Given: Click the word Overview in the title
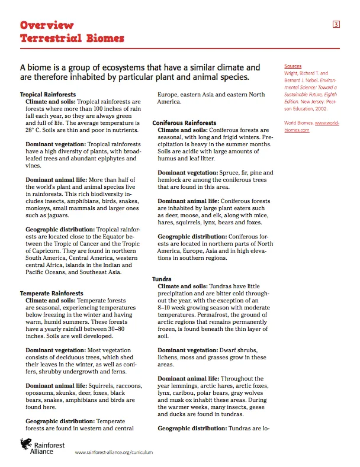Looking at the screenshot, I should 47,25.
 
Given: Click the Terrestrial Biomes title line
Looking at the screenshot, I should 72,38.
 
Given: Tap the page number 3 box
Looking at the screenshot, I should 336,24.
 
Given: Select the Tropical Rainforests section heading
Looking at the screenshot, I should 48,94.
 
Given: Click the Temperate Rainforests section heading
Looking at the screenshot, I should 52,293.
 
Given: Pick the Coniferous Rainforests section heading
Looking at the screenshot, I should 184,123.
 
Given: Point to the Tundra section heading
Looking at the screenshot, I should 162,279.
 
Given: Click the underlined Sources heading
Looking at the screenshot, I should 292,66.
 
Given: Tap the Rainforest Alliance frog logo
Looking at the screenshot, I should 26,444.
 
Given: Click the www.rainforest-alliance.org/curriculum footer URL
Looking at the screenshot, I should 114,451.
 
